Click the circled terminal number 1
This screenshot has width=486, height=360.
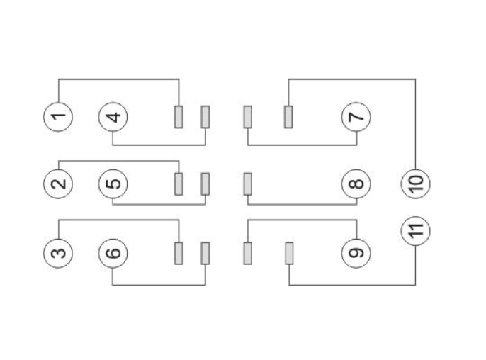59,116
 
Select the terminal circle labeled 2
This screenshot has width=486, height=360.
59,184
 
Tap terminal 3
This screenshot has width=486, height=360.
59,252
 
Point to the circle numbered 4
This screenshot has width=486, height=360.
113,116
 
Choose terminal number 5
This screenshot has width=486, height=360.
113,184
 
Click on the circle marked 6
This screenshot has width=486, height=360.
113,252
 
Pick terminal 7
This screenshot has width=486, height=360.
356,116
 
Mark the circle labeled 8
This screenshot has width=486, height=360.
356,184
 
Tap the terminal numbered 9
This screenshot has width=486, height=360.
356,252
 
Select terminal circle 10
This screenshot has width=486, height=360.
416,184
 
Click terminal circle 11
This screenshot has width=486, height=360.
416,230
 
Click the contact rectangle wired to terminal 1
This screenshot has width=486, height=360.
179,116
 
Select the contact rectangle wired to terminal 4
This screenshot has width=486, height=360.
205,116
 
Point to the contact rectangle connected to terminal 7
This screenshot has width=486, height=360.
248,116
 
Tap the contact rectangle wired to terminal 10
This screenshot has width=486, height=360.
288,116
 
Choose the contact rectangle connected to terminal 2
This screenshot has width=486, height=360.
179,184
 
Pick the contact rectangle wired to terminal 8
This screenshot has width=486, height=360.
248,184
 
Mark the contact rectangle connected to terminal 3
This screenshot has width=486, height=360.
179,252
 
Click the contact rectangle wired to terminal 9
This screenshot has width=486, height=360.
248,252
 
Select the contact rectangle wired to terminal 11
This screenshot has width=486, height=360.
289,252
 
